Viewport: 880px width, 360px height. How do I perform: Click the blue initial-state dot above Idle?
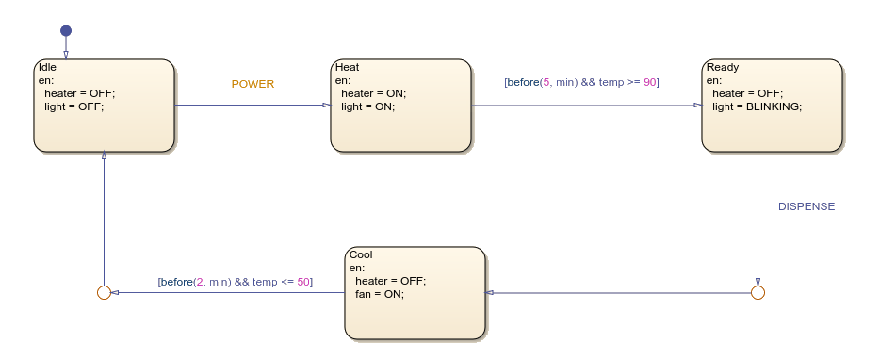[x=66, y=31]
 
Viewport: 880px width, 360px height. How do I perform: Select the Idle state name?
[x=46, y=67]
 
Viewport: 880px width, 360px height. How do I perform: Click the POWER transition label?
[x=253, y=84]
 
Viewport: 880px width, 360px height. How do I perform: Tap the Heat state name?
[x=347, y=67]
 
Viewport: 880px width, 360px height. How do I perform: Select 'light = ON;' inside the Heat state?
[x=367, y=106]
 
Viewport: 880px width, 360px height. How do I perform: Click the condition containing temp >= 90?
[x=581, y=82]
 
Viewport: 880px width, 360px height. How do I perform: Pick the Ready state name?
[x=722, y=67]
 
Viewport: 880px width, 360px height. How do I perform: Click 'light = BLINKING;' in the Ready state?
[x=757, y=106]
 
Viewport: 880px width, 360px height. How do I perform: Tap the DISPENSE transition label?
[x=806, y=206]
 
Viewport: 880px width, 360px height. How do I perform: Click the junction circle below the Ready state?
[x=758, y=293]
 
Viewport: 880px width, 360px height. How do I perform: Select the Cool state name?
[x=361, y=254]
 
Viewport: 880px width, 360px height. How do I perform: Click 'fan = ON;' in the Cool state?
[x=379, y=294]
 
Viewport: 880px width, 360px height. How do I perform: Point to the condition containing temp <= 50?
[x=235, y=282]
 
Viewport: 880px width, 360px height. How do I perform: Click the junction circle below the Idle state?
[x=104, y=293]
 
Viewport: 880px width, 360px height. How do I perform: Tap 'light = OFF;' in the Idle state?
[x=73, y=106]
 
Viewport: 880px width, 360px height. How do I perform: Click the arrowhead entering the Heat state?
[x=325, y=105]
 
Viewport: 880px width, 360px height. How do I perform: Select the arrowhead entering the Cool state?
[x=491, y=293]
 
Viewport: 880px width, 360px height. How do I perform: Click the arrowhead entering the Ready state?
[x=696, y=105]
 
